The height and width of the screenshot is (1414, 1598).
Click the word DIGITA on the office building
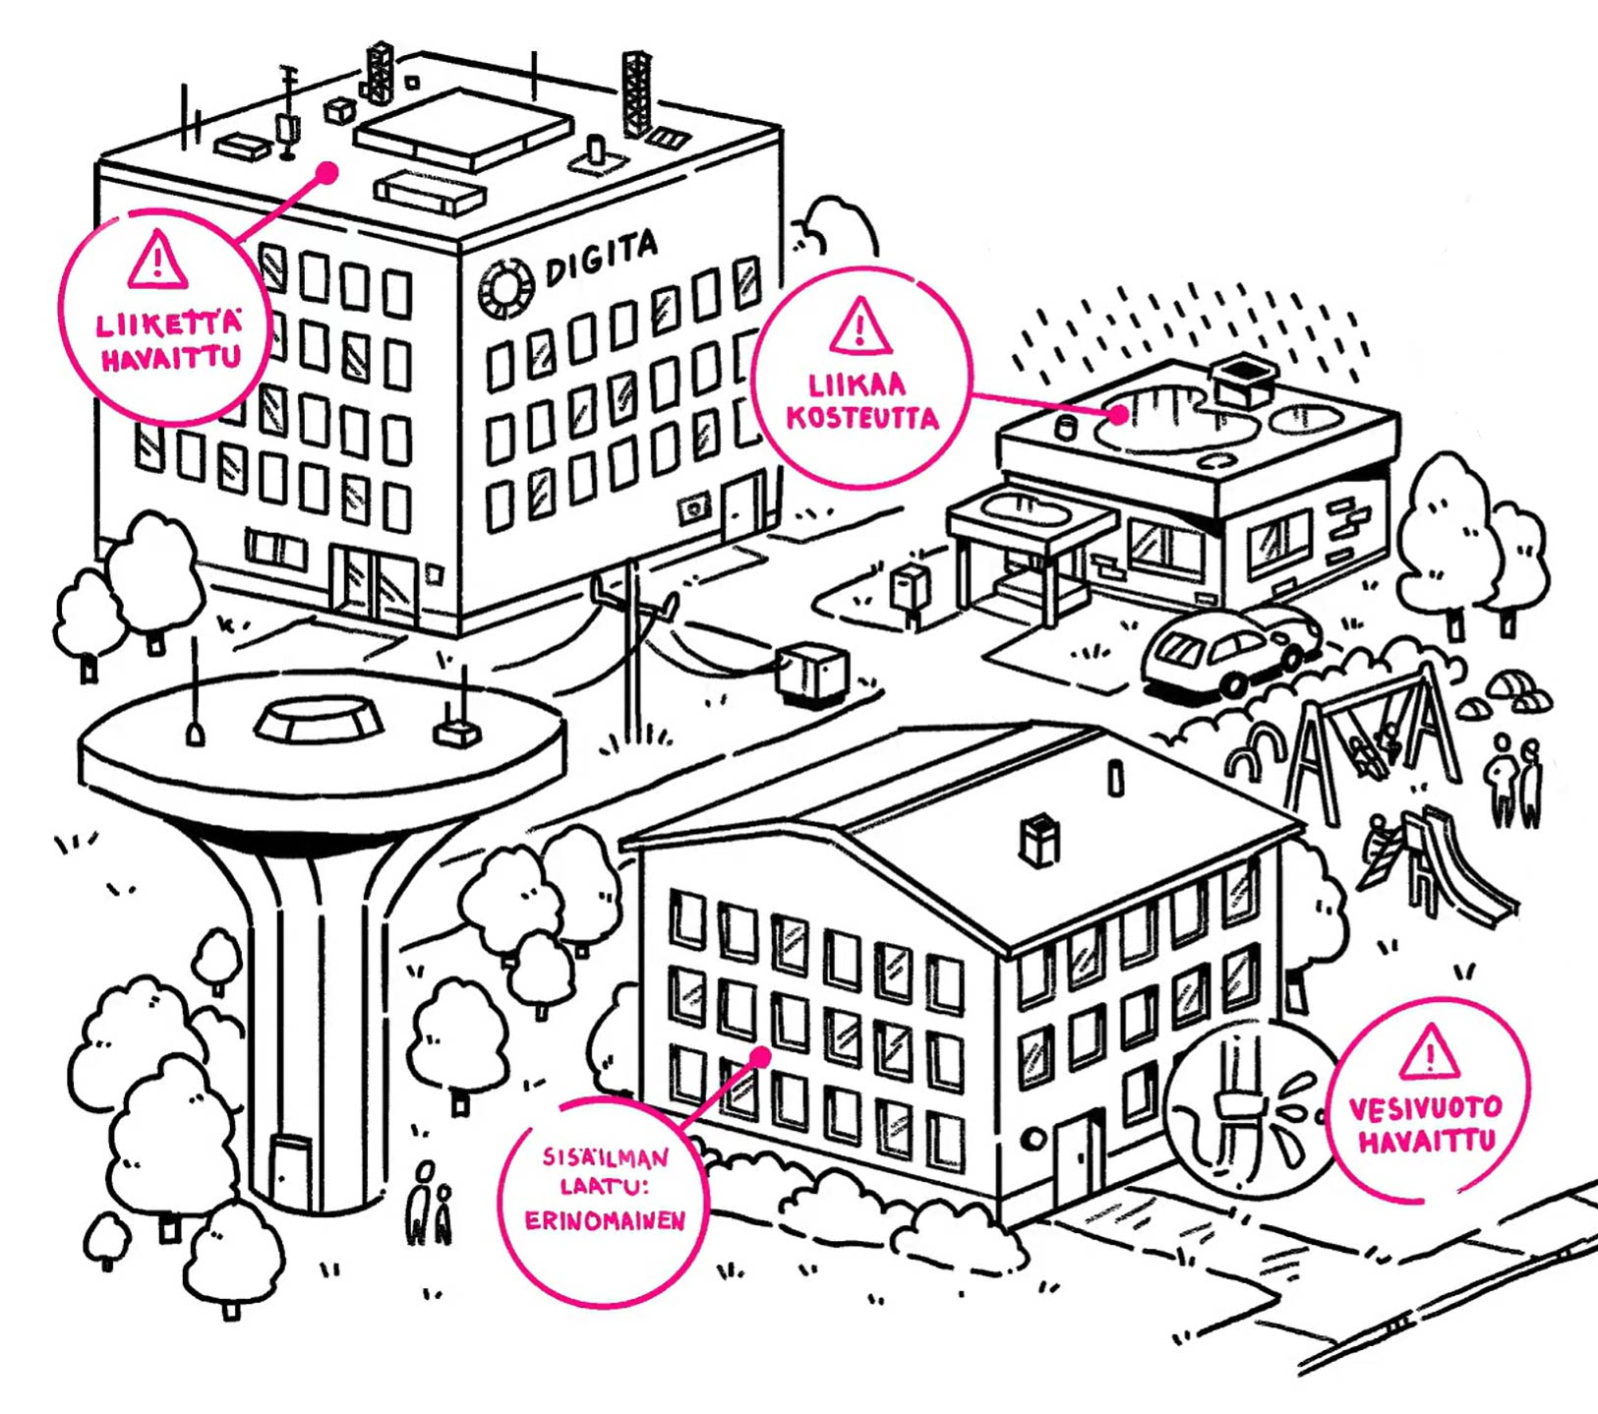(x=601, y=258)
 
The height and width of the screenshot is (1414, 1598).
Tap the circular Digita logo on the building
(x=506, y=288)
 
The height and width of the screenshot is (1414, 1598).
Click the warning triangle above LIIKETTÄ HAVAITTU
(x=156, y=260)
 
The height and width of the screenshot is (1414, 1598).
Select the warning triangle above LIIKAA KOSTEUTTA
(x=860, y=326)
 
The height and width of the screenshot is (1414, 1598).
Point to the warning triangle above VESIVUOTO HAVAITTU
(x=1430, y=1052)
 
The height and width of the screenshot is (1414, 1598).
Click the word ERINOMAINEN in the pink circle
(x=604, y=1221)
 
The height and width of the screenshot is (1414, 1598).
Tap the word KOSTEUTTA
(x=861, y=418)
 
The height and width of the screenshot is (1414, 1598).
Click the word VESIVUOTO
(x=1425, y=1109)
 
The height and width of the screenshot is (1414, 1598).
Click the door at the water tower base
(x=291, y=1170)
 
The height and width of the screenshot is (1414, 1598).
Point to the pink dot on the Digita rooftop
(x=327, y=173)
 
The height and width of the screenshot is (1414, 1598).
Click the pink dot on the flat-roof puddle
(x=1118, y=415)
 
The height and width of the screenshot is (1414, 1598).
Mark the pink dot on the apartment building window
(x=760, y=1057)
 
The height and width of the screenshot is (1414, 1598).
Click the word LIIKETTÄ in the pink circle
(x=168, y=324)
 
